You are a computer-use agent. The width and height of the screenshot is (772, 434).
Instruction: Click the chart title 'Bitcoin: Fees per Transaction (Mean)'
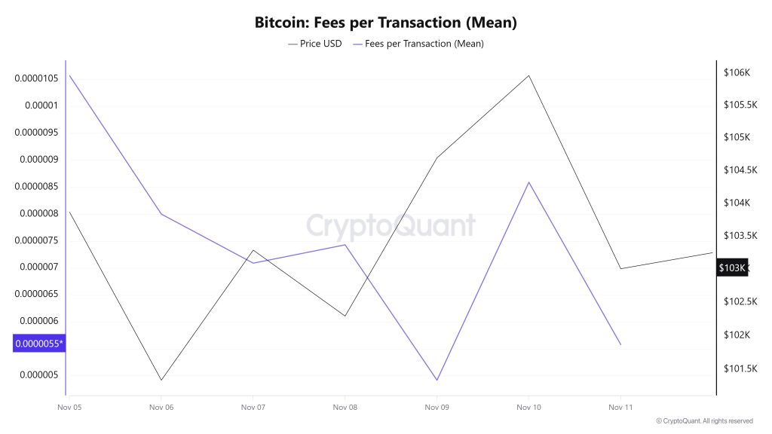pos(385,23)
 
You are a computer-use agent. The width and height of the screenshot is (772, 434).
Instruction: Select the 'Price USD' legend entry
pos(315,44)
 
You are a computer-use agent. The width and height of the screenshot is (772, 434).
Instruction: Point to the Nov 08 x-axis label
pos(345,408)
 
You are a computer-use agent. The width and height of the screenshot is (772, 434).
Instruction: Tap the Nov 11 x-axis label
pos(620,408)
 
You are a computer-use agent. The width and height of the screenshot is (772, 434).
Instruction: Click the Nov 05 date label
pos(69,408)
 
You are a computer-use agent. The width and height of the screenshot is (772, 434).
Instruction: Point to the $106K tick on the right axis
pos(736,72)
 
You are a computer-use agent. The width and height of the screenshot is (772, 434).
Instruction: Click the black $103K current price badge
pos(731,267)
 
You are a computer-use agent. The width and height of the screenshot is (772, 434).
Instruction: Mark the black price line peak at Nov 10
pos(528,75)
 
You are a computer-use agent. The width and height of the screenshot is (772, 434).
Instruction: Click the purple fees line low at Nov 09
pos(437,381)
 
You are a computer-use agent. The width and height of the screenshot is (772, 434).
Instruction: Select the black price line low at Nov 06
pos(161,380)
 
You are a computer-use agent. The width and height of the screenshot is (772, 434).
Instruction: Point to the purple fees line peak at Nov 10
pos(528,182)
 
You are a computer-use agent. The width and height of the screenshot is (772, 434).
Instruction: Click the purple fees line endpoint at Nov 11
pos(620,344)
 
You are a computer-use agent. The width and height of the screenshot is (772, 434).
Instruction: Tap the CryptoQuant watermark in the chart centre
pos(391,226)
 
